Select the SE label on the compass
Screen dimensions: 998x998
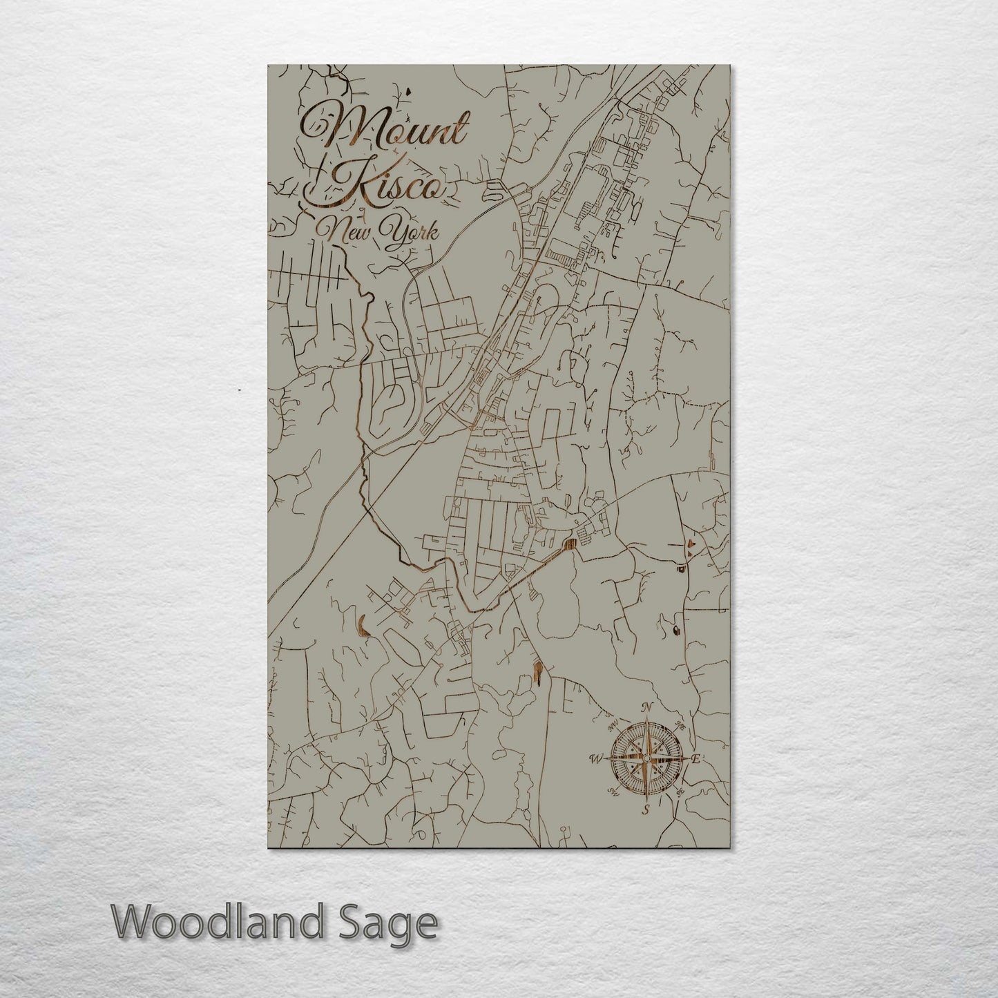coord(680,792)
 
